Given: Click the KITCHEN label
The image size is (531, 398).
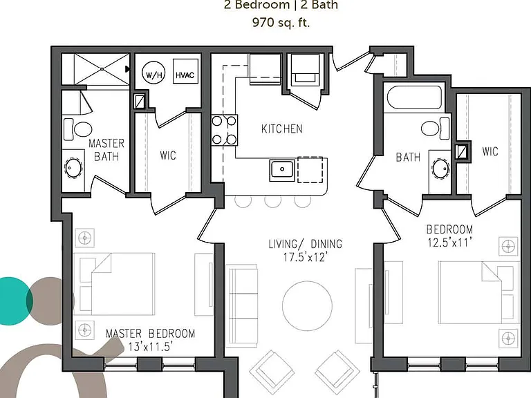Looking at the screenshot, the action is click(282, 129).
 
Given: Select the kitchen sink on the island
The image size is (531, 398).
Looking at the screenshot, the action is click(282, 170).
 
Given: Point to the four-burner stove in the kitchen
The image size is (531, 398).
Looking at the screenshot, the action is click(224, 131).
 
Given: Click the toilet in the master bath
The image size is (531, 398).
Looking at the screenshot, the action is click(77, 129).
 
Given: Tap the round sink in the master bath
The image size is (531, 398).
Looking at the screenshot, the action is click(73, 168).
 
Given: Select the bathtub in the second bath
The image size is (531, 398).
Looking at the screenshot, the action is click(414, 98).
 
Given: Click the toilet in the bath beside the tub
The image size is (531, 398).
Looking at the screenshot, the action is click(436, 129).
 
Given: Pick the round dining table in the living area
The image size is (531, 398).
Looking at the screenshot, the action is click(307, 305).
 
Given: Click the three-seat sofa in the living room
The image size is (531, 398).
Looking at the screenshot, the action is click(241, 305).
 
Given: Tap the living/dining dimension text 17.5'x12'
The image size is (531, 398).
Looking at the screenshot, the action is click(306, 257).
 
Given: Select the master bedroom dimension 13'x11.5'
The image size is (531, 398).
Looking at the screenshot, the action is click(150, 347).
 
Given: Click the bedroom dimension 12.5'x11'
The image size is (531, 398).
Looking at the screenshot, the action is click(449, 243).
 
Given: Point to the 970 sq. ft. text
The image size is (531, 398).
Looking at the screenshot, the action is click(281, 22).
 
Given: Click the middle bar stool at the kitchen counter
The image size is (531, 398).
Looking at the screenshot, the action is click(273, 201).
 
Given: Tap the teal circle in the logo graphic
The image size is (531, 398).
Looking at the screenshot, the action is click(11, 301).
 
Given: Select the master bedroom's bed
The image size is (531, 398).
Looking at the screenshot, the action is click(115, 284).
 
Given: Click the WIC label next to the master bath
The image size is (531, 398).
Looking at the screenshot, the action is click(168, 155).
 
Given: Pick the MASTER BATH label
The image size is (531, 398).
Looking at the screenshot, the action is click(106, 149).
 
